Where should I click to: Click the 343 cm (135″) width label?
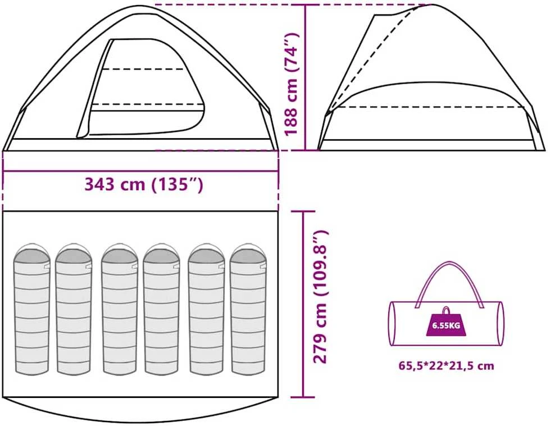pyautogui.click(x=144, y=184)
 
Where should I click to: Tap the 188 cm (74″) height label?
pyautogui.click(x=292, y=84)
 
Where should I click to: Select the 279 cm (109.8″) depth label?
pyautogui.click(x=320, y=297)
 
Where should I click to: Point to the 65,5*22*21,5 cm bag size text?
pyautogui.click(x=446, y=366)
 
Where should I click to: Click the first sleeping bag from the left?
pyautogui.click(x=32, y=308)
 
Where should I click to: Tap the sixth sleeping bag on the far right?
pyautogui.click(x=248, y=308)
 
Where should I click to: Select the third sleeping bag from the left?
pyautogui.click(x=119, y=308)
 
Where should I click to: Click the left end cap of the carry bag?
pyautogui.click(x=393, y=323)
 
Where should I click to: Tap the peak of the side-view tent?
pyautogui.click(x=432, y=5)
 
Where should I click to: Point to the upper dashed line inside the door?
pyautogui.click(x=143, y=69)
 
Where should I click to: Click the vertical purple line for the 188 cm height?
pyautogui.click(x=306, y=77)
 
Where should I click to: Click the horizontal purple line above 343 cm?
pyautogui.click(x=140, y=171)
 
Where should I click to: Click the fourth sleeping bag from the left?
pyautogui.click(x=162, y=308)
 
